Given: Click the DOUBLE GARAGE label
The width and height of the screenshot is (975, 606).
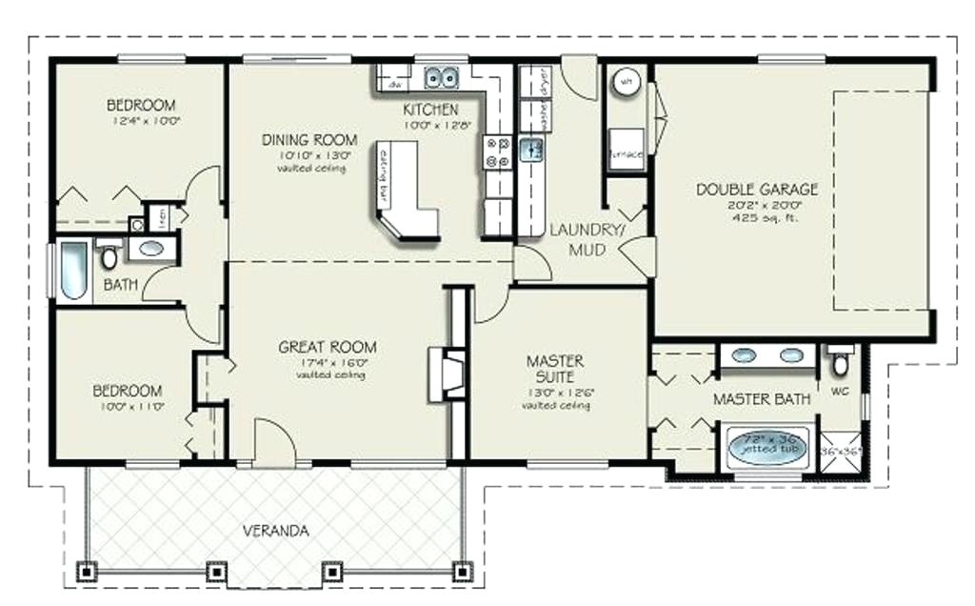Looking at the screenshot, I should (x=756, y=189).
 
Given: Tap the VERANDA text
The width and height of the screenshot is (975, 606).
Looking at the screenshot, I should (x=274, y=531).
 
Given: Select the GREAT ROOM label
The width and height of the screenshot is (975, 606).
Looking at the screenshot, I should (x=327, y=347).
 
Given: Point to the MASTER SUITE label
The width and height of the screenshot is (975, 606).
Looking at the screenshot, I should (x=555, y=370).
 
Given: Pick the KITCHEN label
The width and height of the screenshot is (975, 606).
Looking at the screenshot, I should (x=430, y=110).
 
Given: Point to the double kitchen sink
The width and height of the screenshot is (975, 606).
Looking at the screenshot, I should (x=441, y=76).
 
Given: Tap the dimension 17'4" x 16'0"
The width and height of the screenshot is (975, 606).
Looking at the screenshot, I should (x=327, y=362).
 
